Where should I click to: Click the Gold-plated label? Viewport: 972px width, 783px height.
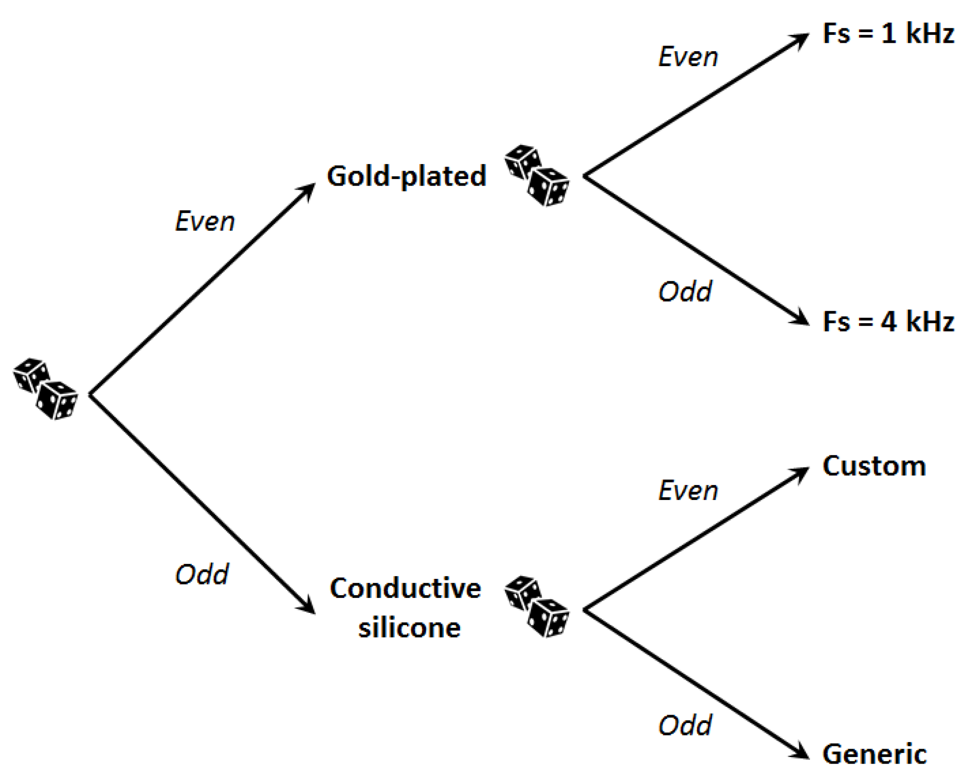[406, 176]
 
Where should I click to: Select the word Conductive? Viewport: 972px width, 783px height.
[405, 589]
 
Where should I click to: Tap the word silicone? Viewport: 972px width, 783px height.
[409, 628]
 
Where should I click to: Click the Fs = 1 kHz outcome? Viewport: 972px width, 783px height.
[888, 34]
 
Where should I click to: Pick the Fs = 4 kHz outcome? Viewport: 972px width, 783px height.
[888, 321]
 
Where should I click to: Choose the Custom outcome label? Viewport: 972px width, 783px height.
[874, 466]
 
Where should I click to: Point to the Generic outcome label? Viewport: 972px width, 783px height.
[874, 754]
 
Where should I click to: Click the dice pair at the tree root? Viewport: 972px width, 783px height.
[45, 389]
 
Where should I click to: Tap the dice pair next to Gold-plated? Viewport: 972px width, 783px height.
[536, 175]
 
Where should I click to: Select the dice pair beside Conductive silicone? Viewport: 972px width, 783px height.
[536, 606]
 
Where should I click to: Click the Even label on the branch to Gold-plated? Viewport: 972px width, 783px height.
[205, 221]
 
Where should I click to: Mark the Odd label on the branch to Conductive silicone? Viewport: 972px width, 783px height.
[202, 574]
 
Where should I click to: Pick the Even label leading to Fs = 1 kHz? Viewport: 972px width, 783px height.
[688, 57]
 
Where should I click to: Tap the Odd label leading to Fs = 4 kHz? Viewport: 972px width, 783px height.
[685, 292]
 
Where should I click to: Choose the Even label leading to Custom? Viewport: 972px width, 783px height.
[688, 491]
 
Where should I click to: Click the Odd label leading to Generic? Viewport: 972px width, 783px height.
[685, 725]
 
